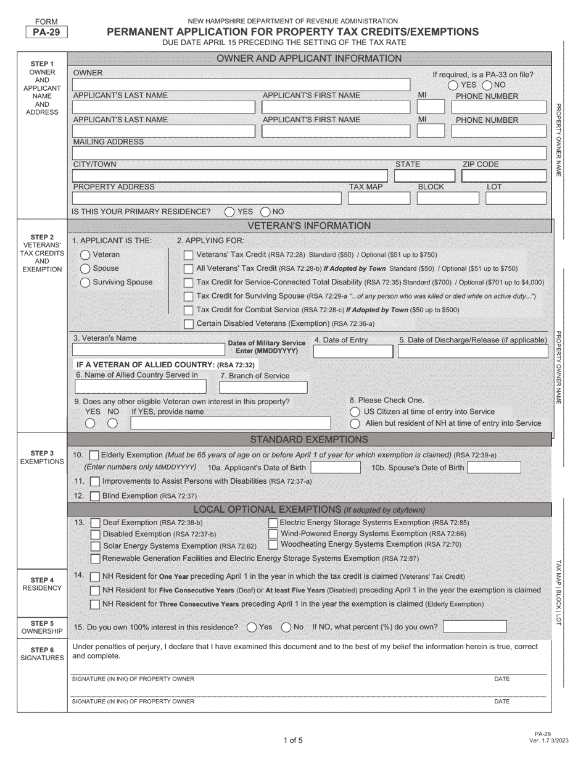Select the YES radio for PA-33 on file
453,85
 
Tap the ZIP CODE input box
503,176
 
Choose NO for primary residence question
266,212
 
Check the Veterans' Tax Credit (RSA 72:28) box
189,255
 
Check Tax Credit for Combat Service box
189,310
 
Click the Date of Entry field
353,352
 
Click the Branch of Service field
263,388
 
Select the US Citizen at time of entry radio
355,412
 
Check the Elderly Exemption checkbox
94,455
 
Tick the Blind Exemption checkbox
94,496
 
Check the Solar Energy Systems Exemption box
95,546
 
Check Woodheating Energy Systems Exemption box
273,545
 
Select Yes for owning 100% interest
251,627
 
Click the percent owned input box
474,627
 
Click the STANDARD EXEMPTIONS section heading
308,439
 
